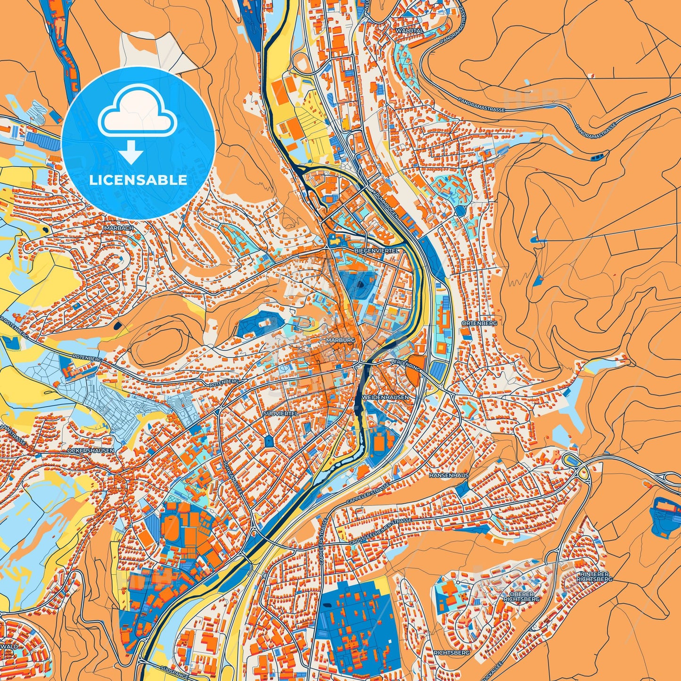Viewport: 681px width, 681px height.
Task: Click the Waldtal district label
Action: click(410, 30)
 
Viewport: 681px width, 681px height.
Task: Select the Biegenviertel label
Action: click(376, 251)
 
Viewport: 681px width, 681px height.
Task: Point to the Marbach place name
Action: click(118, 228)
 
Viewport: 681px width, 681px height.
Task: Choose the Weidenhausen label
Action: click(386, 397)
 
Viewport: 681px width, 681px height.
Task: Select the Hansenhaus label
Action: click(449, 476)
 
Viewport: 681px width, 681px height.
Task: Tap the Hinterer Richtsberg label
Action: click(595, 576)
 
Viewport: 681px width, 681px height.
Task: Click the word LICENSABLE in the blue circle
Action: click(138, 180)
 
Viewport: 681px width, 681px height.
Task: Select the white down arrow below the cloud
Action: click(131, 152)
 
